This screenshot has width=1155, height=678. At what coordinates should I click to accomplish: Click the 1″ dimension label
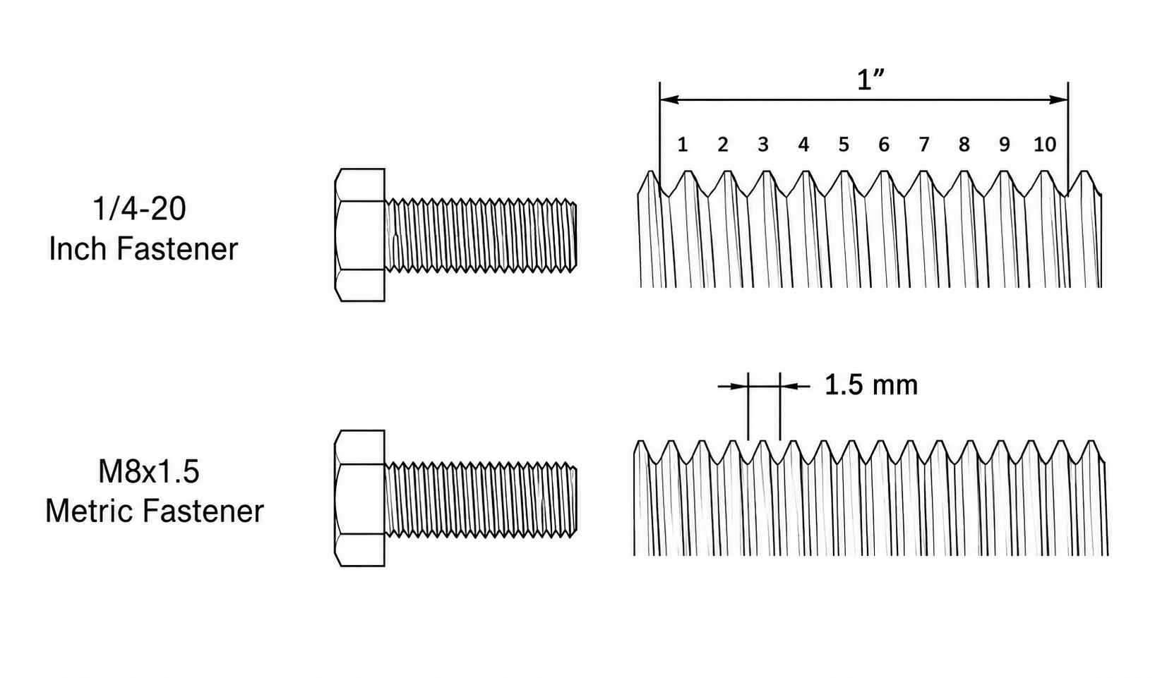pos(870,80)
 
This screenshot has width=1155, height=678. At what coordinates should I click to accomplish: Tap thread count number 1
pos(682,145)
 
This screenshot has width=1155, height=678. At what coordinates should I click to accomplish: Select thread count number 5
pos(844,145)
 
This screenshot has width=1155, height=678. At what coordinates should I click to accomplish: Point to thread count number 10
pos(1045,145)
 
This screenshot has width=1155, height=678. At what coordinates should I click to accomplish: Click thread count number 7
pos(924,145)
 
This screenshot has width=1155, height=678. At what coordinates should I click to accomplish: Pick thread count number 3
pos(763,145)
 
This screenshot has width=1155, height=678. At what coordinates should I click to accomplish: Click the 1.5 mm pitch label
pos(871,385)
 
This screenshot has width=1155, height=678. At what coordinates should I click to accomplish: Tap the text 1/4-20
pos(139,209)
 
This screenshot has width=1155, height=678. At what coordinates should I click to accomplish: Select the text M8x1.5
pos(148,471)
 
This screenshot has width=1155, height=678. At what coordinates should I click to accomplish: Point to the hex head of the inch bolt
pos(359,235)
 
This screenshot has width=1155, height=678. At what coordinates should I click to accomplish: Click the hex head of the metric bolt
pos(359,498)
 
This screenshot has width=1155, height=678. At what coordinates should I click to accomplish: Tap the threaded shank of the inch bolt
pos(481,236)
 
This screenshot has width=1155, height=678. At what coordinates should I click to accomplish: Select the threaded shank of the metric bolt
pos(481,500)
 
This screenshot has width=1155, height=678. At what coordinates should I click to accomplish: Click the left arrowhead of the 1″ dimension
pos(669,99)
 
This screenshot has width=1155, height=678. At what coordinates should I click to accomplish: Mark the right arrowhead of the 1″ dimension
pos(1058,99)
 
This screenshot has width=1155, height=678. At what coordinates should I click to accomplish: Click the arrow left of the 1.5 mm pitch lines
pos(733,386)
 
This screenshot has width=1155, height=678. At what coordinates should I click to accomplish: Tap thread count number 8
pos(964,145)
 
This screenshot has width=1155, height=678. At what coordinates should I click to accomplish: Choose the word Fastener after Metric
pos(203,511)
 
